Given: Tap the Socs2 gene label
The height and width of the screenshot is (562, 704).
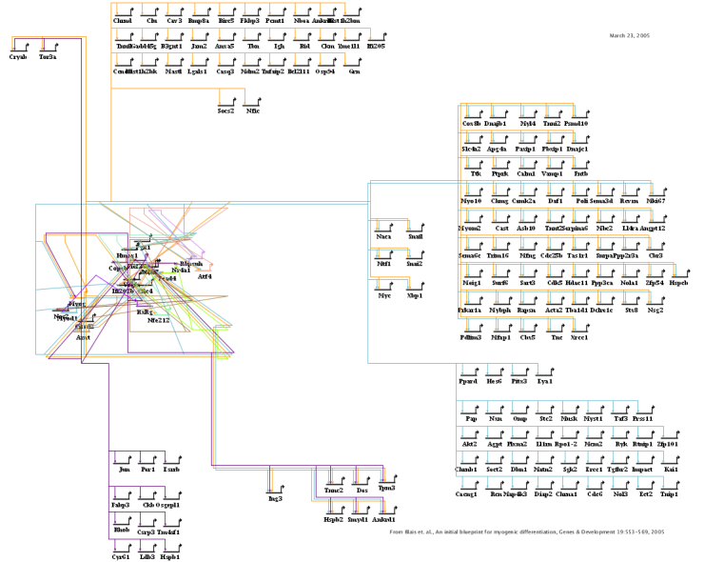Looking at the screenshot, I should tap(226, 111).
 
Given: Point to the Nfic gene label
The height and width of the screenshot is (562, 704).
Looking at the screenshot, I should tap(253, 111).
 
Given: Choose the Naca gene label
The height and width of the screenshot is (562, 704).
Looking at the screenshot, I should tap(384, 236).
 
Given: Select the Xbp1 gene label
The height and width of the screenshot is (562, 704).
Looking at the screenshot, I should tap(414, 296).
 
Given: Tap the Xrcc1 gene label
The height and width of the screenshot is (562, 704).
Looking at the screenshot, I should tap(579, 337).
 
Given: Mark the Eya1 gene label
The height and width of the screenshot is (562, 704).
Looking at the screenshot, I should tap(545, 382).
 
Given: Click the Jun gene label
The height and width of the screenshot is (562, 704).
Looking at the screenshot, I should tap(123, 470).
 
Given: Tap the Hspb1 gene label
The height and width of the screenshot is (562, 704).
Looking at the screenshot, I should tap(170, 556).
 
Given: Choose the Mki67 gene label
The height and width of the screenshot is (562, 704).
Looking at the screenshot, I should tap(655, 202).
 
